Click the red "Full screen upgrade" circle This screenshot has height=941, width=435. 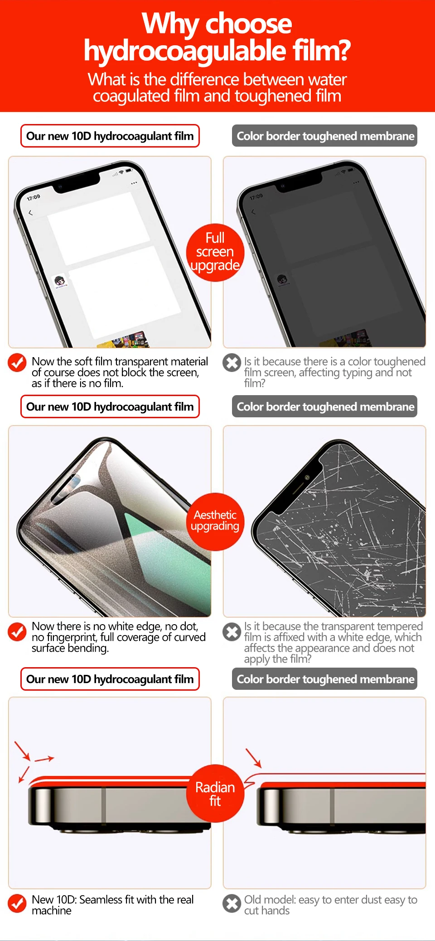tap(215, 252)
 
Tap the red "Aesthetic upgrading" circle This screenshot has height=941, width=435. tap(215, 521)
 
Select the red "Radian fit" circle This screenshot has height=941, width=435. tap(215, 793)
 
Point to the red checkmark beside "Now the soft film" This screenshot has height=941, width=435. tap(17, 363)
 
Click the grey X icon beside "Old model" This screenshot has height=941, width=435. tap(232, 903)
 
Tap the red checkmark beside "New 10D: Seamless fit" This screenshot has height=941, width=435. tap(17, 903)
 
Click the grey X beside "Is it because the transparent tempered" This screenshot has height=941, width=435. tap(232, 632)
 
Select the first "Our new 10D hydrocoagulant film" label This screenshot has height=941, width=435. tap(110, 136)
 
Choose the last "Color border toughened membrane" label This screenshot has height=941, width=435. tap(325, 679)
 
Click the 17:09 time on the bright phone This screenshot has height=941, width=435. tap(33, 197)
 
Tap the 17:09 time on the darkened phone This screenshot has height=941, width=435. tap(256, 197)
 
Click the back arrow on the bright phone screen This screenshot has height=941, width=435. tap(30, 213)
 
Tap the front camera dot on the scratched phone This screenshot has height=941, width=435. tap(307, 478)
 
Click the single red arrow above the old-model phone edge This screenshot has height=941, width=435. tap(254, 758)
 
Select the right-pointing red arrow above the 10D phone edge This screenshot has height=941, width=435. tap(44, 759)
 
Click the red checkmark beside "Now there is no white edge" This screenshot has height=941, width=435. tap(17, 632)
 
